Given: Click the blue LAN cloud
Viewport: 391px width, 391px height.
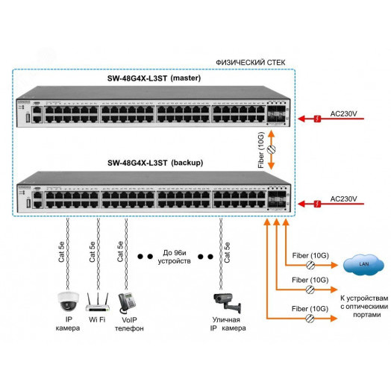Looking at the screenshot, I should [363, 264].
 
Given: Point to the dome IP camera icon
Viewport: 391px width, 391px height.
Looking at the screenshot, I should [68, 300].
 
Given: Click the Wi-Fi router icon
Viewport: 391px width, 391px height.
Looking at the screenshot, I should [98, 301].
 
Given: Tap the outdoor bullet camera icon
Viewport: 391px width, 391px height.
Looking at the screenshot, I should [225, 301].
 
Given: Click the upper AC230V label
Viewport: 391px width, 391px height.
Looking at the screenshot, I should [342, 115].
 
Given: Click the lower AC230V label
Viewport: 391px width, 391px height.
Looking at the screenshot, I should [342, 198].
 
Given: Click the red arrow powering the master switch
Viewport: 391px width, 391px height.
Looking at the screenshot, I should [313, 118].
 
